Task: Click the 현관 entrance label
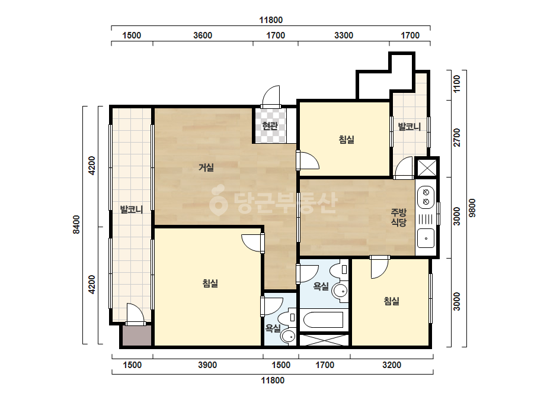270,126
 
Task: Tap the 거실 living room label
206,167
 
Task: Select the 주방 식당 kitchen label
399,217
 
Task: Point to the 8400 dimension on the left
76,225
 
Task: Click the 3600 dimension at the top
203,36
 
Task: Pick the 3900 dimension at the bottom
207,365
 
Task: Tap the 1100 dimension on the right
456,84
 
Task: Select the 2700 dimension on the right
456,138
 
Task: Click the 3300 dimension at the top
344,36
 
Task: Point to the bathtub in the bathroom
324,320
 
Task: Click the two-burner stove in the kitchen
426,197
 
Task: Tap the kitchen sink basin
426,238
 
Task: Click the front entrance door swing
271,96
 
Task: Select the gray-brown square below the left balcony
136,336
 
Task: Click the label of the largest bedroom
210,283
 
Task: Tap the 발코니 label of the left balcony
132,209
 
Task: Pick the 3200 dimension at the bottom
391,365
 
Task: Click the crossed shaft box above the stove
427,167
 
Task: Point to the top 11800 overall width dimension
271,20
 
